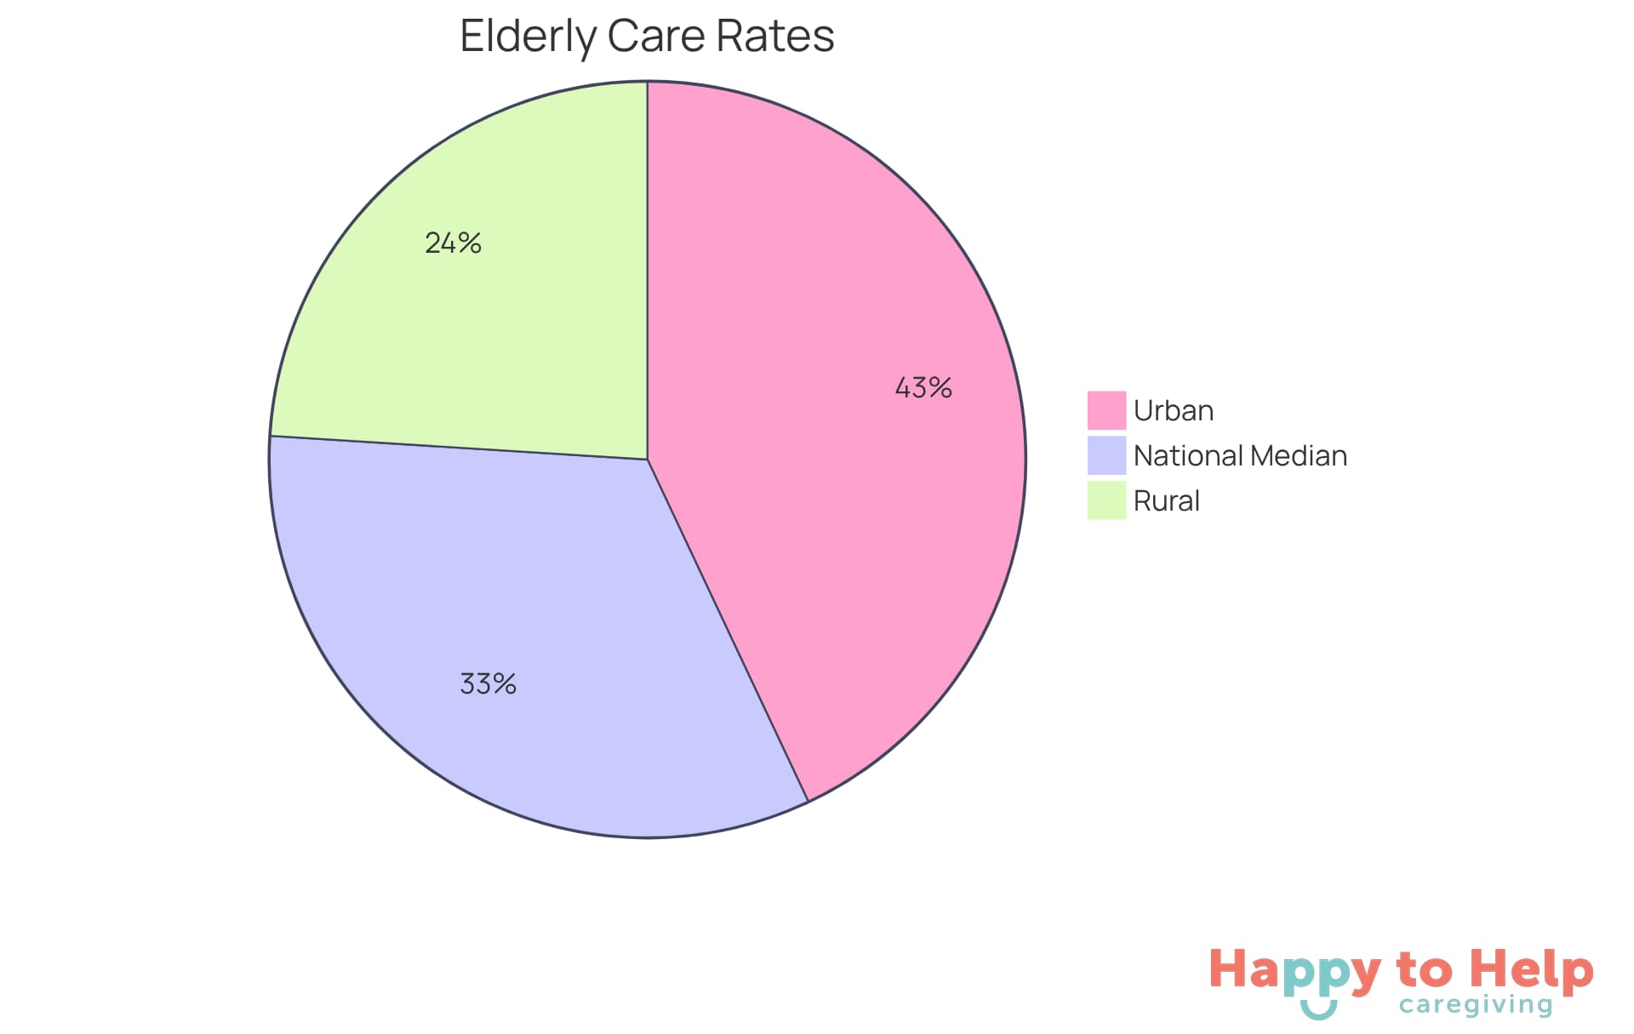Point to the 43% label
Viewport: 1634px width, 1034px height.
(923, 388)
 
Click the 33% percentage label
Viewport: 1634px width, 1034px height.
(488, 683)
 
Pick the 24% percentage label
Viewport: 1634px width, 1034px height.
(453, 243)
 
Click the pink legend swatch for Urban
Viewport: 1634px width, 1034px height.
(1106, 410)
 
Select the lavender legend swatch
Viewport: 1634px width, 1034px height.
(1106, 455)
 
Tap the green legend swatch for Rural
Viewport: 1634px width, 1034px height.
(1106, 500)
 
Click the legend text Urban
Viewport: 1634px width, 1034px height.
(1174, 411)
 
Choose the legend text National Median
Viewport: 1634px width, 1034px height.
(1240, 456)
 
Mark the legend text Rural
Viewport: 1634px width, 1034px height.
(1166, 501)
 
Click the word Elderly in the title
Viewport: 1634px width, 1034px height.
(528, 37)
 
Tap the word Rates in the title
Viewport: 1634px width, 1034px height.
(774, 37)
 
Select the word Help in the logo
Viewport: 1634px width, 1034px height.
(1532, 969)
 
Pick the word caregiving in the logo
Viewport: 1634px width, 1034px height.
(1476, 1005)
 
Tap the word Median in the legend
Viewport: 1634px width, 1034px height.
(1299, 456)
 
